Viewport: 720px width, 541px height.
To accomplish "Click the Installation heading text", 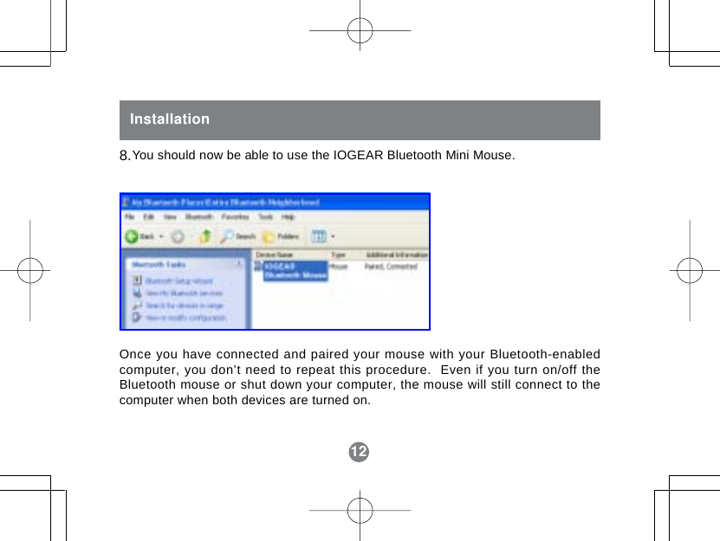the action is point(170,119).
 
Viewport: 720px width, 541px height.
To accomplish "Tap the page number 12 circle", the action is point(359,452).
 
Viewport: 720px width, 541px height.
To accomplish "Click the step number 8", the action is point(124,157).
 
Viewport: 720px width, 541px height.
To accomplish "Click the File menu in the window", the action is point(130,216).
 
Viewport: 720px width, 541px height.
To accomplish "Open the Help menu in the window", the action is point(288,216).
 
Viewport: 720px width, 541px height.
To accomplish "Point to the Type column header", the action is point(338,255).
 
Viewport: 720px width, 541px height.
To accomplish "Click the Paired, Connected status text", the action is point(391,267).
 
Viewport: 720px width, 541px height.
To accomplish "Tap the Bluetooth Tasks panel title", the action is point(158,264).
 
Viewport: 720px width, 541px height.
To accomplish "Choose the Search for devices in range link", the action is point(184,306).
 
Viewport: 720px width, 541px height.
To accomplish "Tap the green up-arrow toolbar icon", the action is point(206,235).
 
